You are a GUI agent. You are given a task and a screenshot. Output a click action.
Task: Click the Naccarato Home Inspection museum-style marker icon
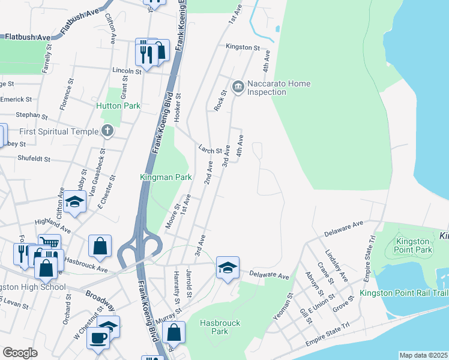pyautogui.click(x=238, y=88)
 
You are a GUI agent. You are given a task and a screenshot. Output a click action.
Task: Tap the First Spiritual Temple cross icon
pyautogui.click(x=107, y=130)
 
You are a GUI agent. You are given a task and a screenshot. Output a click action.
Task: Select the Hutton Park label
pyautogui.click(x=118, y=106)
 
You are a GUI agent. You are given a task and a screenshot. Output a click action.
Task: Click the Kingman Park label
pyautogui.click(x=166, y=178)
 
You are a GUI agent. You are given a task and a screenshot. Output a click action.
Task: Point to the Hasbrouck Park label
pyautogui.click(x=220, y=327)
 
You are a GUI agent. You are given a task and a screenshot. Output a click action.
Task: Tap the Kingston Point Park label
pyautogui.click(x=414, y=245)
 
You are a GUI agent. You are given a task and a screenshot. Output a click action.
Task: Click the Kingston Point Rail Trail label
pyautogui.click(x=404, y=293)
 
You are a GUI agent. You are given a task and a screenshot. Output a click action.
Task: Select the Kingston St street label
pyautogui.click(x=243, y=47)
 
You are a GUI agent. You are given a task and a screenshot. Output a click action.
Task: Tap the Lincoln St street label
pyautogui.click(x=126, y=70)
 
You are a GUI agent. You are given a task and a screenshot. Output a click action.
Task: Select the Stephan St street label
pyautogui.click(x=31, y=115)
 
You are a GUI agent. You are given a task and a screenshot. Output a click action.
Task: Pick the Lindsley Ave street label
pyautogui.click(x=336, y=266)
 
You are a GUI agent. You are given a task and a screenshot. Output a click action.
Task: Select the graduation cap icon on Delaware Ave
pyautogui.click(x=228, y=268)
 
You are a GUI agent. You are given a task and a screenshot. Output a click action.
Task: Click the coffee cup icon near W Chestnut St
pyautogui.click(x=97, y=337)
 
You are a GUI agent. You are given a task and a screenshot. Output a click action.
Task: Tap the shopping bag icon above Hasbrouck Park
pyautogui.click(x=173, y=332)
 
